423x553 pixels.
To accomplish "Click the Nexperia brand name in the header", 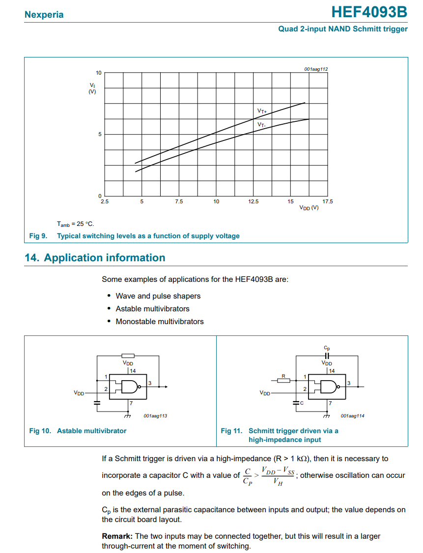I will click(x=44, y=14).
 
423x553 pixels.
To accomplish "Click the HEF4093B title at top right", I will click(x=369, y=12).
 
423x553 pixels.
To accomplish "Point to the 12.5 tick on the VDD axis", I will click(x=254, y=201).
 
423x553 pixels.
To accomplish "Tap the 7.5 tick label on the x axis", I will click(x=179, y=201).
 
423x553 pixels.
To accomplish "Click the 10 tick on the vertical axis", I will click(x=99, y=73).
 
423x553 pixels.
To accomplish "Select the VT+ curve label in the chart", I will click(x=262, y=111).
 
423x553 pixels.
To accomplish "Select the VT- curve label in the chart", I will click(x=261, y=125).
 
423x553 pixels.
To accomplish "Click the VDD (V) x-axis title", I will click(x=309, y=208).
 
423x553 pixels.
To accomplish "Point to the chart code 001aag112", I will click(x=315, y=69).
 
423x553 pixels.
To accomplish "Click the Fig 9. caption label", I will click(x=38, y=236).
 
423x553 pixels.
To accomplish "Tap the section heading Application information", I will click(x=105, y=258).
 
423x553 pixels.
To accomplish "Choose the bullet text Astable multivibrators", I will click(x=152, y=309).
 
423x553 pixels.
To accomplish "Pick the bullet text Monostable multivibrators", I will click(x=159, y=322).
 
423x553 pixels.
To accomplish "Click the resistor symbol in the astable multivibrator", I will click(x=128, y=356).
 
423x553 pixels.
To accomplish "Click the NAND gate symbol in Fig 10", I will click(x=131, y=387).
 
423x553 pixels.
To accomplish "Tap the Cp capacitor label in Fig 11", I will click(x=327, y=348).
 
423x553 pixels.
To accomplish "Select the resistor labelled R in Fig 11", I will click(x=283, y=380).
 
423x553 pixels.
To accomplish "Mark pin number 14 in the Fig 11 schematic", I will click(x=332, y=371).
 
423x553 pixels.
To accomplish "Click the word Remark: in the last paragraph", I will click(x=117, y=536).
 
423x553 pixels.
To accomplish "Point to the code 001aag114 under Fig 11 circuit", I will click(x=352, y=416).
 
